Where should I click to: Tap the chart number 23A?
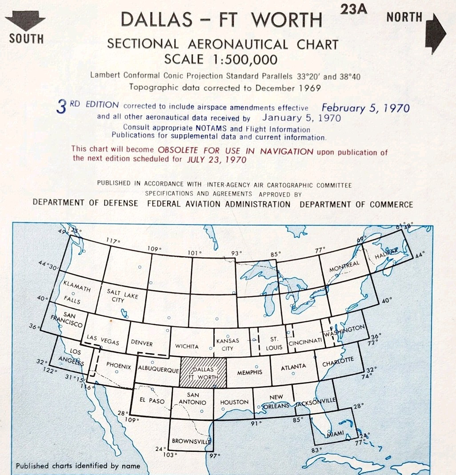coord(354,8)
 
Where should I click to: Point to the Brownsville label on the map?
coord(191,442)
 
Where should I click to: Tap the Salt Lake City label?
coord(123,295)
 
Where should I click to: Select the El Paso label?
coord(152,401)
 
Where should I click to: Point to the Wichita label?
coord(187,346)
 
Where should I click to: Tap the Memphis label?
coord(249,372)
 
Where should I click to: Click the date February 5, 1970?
coord(365,108)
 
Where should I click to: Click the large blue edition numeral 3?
coord(62,107)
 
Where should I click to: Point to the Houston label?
coord(234,402)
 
